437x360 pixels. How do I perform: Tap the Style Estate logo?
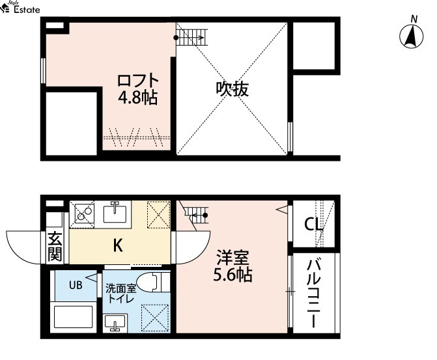pyautogui.click(x=20, y=8)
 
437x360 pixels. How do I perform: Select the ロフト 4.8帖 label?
pyautogui.click(x=138, y=89)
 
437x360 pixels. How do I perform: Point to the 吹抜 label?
pyautogui.click(x=232, y=89)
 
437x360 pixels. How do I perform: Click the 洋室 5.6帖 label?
pyautogui.click(x=233, y=266)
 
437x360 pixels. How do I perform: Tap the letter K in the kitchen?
pyautogui.click(x=118, y=245)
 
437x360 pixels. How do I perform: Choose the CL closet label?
pyautogui.click(x=313, y=224)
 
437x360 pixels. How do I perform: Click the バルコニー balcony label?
pyautogui.click(x=313, y=294)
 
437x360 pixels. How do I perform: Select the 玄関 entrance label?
pyautogui.click(x=55, y=246)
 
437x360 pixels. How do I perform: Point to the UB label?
pyautogui.click(x=76, y=285)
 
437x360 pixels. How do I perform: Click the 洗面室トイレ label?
pyautogui.click(x=120, y=294)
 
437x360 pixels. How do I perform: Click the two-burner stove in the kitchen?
pyautogui.click(x=82, y=213)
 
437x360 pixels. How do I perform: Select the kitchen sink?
pyautogui.click(x=115, y=213)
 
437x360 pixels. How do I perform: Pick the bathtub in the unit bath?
pyautogui.click(x=74, y=317)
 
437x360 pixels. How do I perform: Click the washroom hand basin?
pyautogui.click(x=115, y=324)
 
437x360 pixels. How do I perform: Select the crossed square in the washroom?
pyautogui.click(x=155, y=318)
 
